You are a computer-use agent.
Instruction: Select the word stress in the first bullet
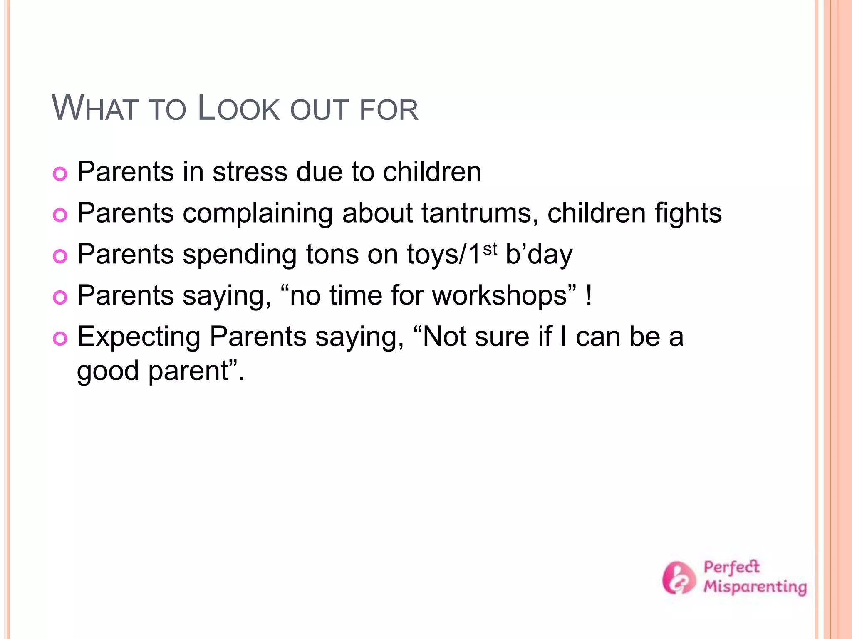point(250,172)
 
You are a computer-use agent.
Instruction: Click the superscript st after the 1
point(490,249)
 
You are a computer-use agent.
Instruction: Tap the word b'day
point(539,254)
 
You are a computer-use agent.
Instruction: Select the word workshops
point(500,295)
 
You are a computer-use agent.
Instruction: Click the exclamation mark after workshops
point(588,295)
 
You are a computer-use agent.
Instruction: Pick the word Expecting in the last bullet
point(139,337)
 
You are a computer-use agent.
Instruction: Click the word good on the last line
point(108,371)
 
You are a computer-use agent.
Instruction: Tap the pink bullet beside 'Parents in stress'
point(60,174)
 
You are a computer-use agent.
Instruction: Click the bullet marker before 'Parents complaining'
point(60,215)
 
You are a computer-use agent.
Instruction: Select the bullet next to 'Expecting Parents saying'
point(60,339)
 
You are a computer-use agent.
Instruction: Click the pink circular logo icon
point(679,578)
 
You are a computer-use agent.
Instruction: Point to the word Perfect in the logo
point(731,567)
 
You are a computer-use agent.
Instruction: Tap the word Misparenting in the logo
point(755,587)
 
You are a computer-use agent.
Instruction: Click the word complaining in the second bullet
point(258,214)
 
